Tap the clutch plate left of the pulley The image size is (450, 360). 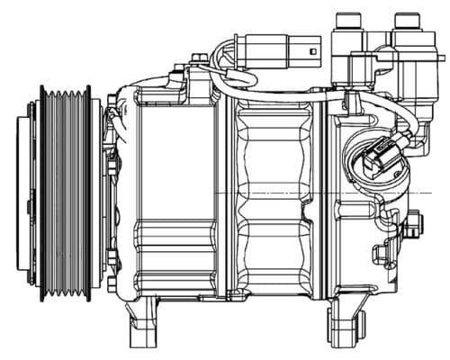click(34, 193)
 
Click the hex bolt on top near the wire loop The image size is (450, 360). click(198, 61)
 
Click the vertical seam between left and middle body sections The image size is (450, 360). click(223, 193)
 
